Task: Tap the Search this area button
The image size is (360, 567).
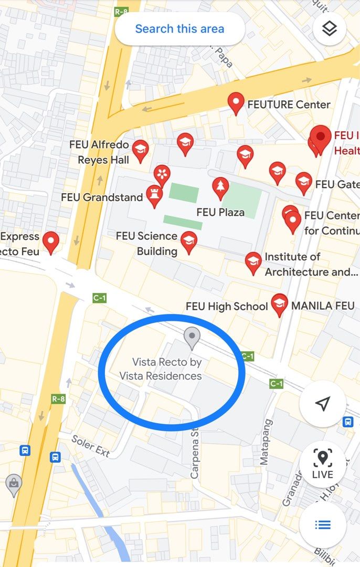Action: tap(179, 28)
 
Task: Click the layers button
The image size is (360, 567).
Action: tap(329, 29)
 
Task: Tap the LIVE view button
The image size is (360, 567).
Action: tap(322, 464)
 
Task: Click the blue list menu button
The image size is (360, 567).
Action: tap(322, 524)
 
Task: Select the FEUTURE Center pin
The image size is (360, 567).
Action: tap(236, 103)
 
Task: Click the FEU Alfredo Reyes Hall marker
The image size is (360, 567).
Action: tap(140, 151)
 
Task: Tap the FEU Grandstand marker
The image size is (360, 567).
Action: tap(154, 196)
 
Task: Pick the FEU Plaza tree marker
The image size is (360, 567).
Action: tap(220, 187)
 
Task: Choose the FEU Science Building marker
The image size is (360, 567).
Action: tap(189, 242)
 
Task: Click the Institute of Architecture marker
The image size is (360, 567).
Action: tap(253, 262)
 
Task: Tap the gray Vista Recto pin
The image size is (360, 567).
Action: tap(193, 337)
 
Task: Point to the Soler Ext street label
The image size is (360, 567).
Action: tap(90, 446)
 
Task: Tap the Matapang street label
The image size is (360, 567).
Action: tap(266, 442)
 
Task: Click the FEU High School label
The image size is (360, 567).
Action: tap(227, 306)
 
